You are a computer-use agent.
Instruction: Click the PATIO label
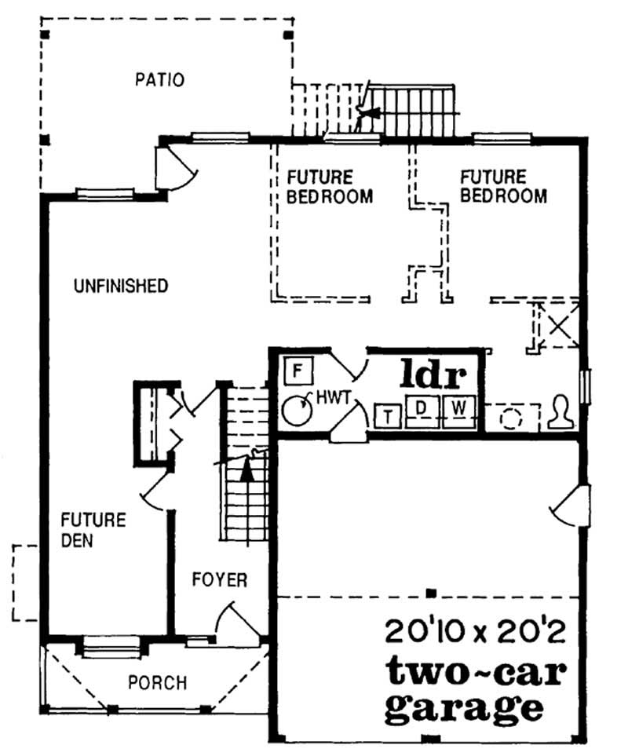point(159,80)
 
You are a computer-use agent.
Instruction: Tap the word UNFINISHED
point(120,286)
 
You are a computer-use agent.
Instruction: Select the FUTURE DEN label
point(93,530)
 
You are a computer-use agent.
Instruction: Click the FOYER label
point(220,580)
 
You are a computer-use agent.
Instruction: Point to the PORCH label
point(157,683)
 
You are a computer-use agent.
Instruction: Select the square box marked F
point(298,370)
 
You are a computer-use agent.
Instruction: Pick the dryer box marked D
point(421,408)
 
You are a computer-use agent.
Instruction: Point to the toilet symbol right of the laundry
point(561,414)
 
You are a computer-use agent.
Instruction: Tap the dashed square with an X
point(558,324)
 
